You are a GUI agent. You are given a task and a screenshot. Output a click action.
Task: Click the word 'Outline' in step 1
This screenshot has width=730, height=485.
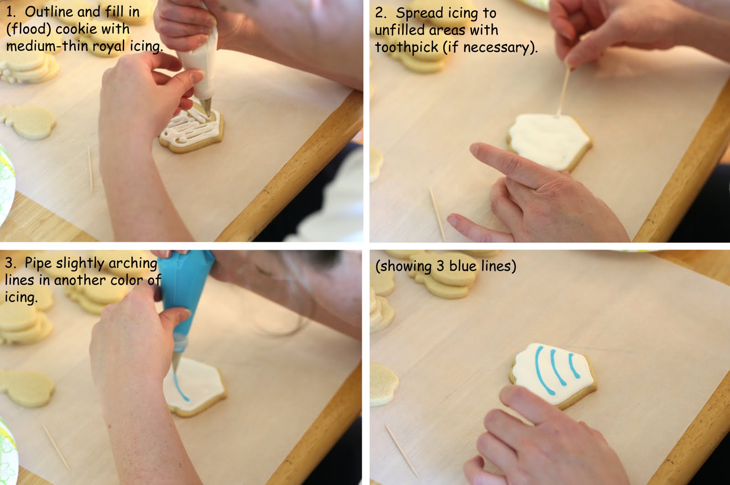45,12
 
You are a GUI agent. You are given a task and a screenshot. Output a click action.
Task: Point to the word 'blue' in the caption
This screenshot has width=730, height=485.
463,266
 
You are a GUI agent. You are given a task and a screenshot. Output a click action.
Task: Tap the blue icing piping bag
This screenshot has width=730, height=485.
187,292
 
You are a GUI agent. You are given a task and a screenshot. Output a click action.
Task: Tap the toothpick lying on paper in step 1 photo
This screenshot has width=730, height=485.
90,169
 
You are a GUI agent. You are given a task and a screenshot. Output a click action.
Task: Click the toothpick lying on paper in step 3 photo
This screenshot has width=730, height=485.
57,447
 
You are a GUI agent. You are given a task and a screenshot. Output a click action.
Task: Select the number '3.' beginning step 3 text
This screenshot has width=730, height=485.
11,263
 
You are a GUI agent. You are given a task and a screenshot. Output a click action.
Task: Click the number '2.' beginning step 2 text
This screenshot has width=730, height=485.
381,13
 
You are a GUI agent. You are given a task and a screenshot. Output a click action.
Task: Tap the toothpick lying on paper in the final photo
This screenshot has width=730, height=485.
401,449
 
